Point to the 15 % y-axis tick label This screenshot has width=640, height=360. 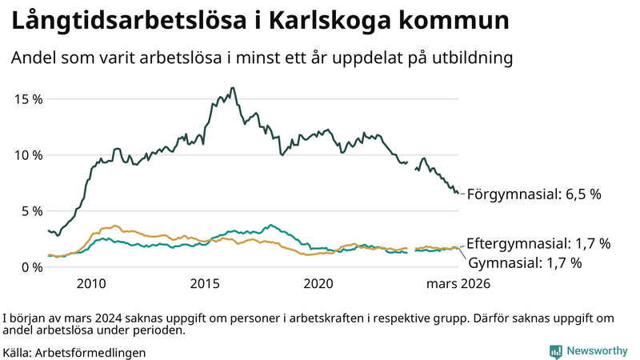[28, 98]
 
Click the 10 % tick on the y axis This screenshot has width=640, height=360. [28, 154]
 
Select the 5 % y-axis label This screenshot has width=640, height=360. [32, 210]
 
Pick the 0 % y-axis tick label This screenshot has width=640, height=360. [32, 266]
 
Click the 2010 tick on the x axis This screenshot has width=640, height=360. [91, 283]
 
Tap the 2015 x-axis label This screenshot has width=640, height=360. [205, 283]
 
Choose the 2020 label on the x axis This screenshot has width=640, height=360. [318, 283]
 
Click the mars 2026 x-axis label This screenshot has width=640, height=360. [458, 283]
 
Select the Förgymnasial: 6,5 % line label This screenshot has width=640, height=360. [533, 194]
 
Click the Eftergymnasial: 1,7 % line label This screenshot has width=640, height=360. [538, 243]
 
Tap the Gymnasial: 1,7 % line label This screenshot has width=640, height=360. [524, 262]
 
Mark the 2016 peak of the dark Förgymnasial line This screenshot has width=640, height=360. [232, 88]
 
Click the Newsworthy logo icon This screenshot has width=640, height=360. [555, 351]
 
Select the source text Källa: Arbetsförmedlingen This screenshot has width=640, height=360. [74, 352]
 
